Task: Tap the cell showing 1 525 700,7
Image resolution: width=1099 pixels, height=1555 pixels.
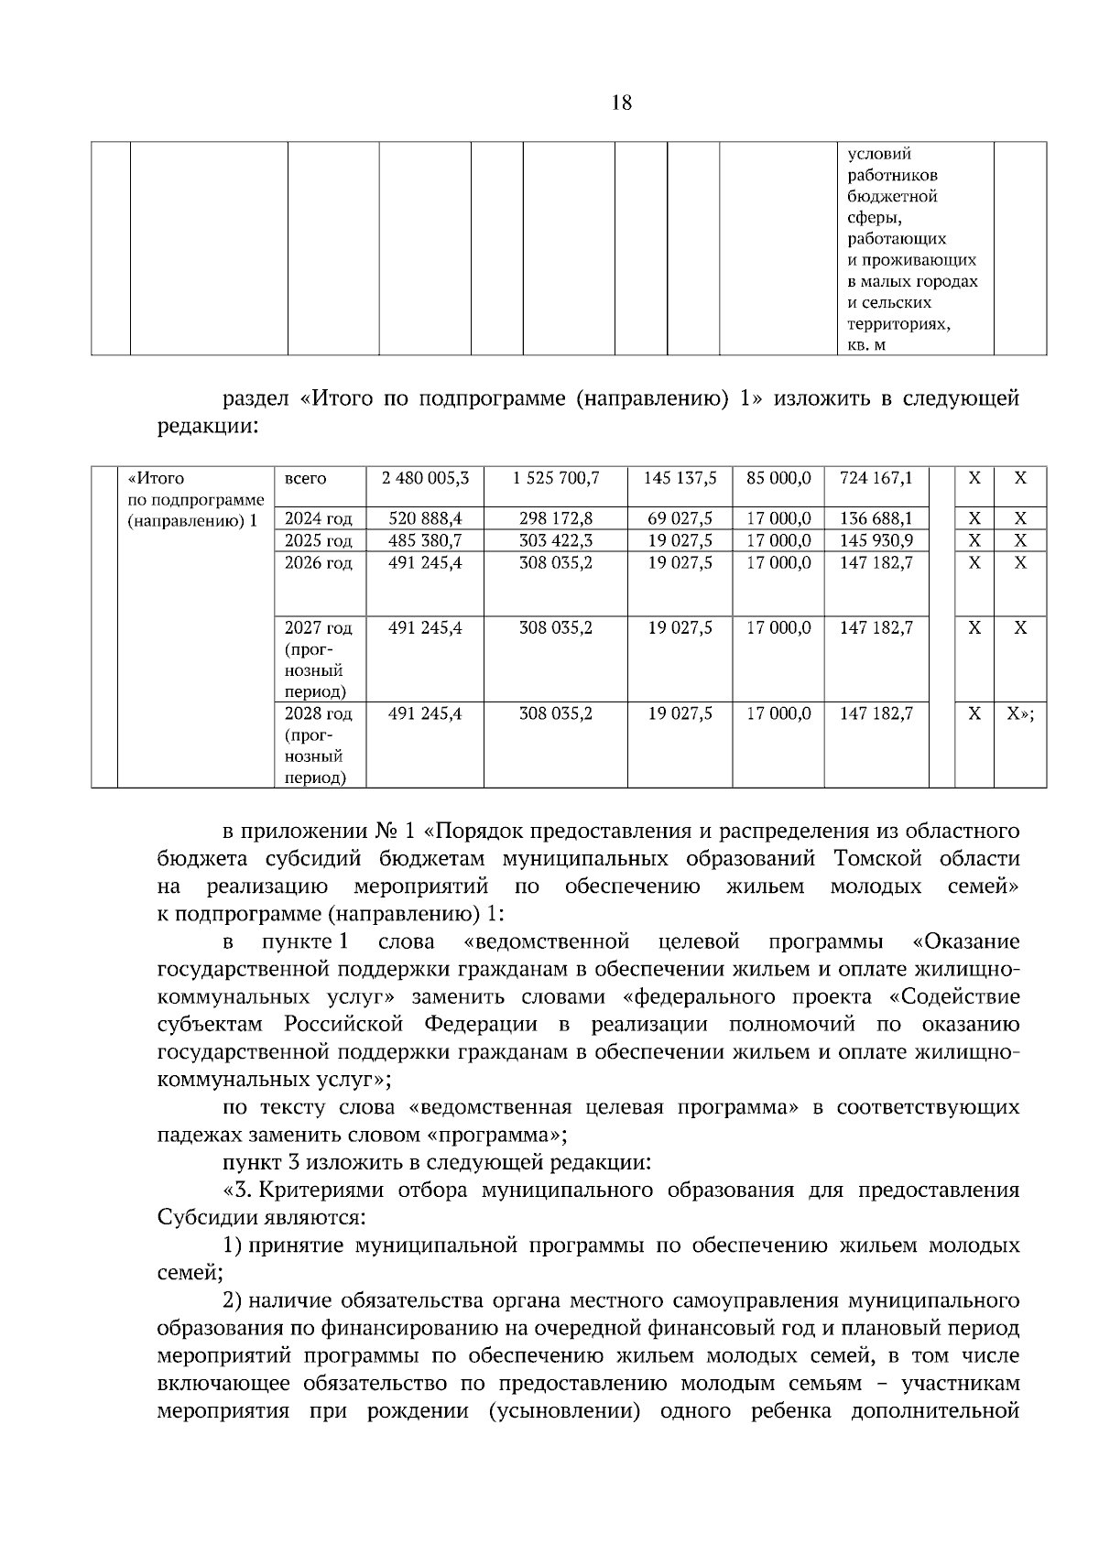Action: coord(555,478)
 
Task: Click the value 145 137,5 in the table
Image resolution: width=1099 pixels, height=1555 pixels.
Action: coord(680,478)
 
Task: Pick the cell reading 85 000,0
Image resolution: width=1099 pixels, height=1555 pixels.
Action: coord(778,478)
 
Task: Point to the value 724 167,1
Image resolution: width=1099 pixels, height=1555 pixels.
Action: coord(876,478)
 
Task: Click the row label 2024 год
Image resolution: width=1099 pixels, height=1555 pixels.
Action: coord(318,519)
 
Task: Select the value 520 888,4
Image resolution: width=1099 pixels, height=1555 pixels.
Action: coord(425,519)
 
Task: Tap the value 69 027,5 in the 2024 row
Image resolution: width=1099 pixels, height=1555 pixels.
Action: coord(680,519)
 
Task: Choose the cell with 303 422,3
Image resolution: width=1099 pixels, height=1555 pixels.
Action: coord(555,540)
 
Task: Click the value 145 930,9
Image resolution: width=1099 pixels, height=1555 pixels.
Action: coord(876,540)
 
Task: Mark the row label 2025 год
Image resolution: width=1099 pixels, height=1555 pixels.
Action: coord(318,540)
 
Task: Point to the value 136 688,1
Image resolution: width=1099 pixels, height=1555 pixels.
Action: coord(876,519)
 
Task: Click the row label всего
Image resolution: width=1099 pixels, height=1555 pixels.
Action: coord(305,478)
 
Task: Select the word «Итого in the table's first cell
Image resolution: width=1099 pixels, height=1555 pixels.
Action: coord(156,478)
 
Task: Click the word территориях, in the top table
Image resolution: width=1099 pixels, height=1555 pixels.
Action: coord(898,324)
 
